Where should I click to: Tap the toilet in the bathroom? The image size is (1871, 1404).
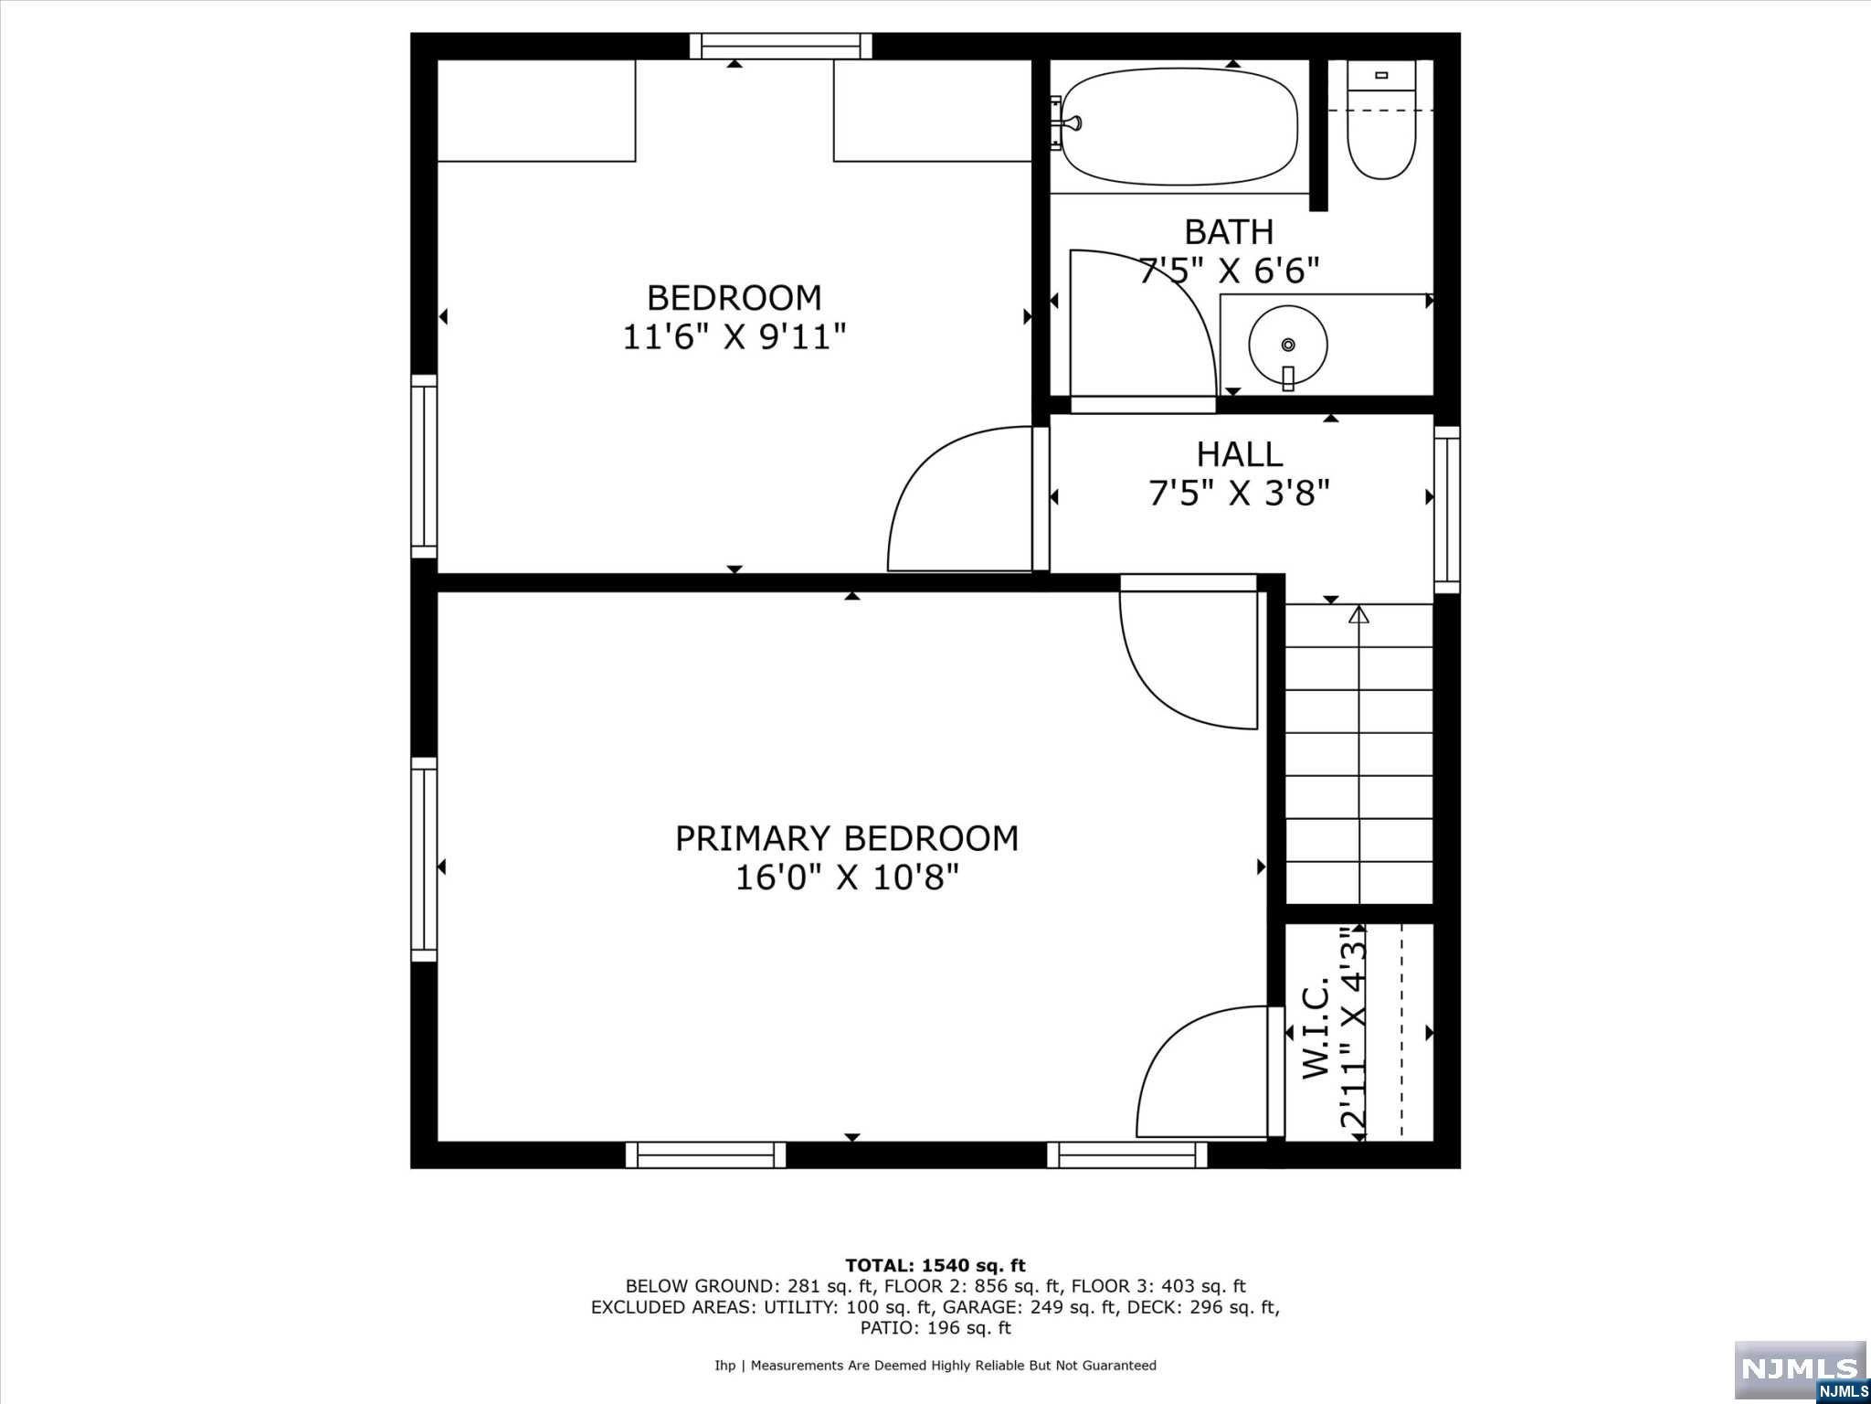pyautogui.click(x=1381, y=120)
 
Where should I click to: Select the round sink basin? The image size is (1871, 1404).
pyautogui.click(x=1288, y=346)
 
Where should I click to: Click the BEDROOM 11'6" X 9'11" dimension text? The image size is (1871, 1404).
pyautogui.click(x=735, y=337)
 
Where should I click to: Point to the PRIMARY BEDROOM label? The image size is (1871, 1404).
pyautogui.click(x=847, y=838)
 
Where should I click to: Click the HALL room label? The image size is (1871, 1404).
pyautogui.click(x=1240, y=453)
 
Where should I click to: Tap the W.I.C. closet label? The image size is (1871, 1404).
pyautogui.click(x=1315, y=1030)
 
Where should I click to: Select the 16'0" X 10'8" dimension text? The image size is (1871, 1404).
pyautogui.click(x=847, y=878)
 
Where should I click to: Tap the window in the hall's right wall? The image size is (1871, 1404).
pyautogui.click(x=1447, y=510)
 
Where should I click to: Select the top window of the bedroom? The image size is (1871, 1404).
pyautogui.click(x=780, y=46)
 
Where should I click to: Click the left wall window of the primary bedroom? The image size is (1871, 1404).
pyautogui.click(x=424, y=859)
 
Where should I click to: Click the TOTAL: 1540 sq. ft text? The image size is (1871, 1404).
pyautogui.click(x=935, y=1266)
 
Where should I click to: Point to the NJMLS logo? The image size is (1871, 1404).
pyautogui.click(x=1800, y=1368)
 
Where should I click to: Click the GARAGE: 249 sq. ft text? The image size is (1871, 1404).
pyautogui.click(x=1031, y=1307)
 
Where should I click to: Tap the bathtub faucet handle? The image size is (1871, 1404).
pyautogui.click(x=1075, y=122)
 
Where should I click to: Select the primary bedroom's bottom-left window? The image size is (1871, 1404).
pyautogui.click(x=705, y=1155)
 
